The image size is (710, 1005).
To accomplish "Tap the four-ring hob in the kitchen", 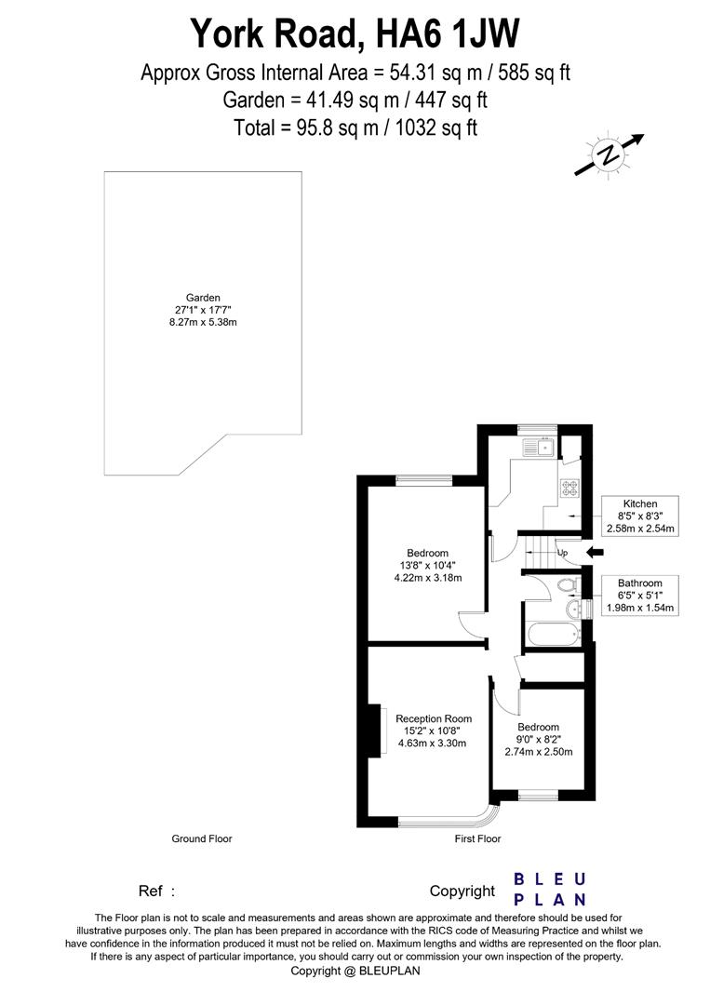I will click(568, 487).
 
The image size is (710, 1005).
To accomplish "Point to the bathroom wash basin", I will click(573, 610).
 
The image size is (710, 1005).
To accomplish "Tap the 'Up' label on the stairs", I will click(562, 553).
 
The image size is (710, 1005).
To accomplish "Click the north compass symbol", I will click(609, 155).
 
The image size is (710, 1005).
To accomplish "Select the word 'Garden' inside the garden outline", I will click(203, 298).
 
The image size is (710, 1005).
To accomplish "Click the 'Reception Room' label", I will click(434, 718).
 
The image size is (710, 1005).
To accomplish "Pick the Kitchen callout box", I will click(639, 516).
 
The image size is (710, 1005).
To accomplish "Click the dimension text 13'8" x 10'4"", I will click(427, 565).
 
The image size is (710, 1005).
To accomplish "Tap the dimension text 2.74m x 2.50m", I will click(539, 752).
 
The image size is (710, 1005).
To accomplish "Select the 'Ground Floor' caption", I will click(201, 838).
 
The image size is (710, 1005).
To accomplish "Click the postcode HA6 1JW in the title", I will click(446, 35).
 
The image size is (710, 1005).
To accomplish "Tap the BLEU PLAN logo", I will click(550, 889).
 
